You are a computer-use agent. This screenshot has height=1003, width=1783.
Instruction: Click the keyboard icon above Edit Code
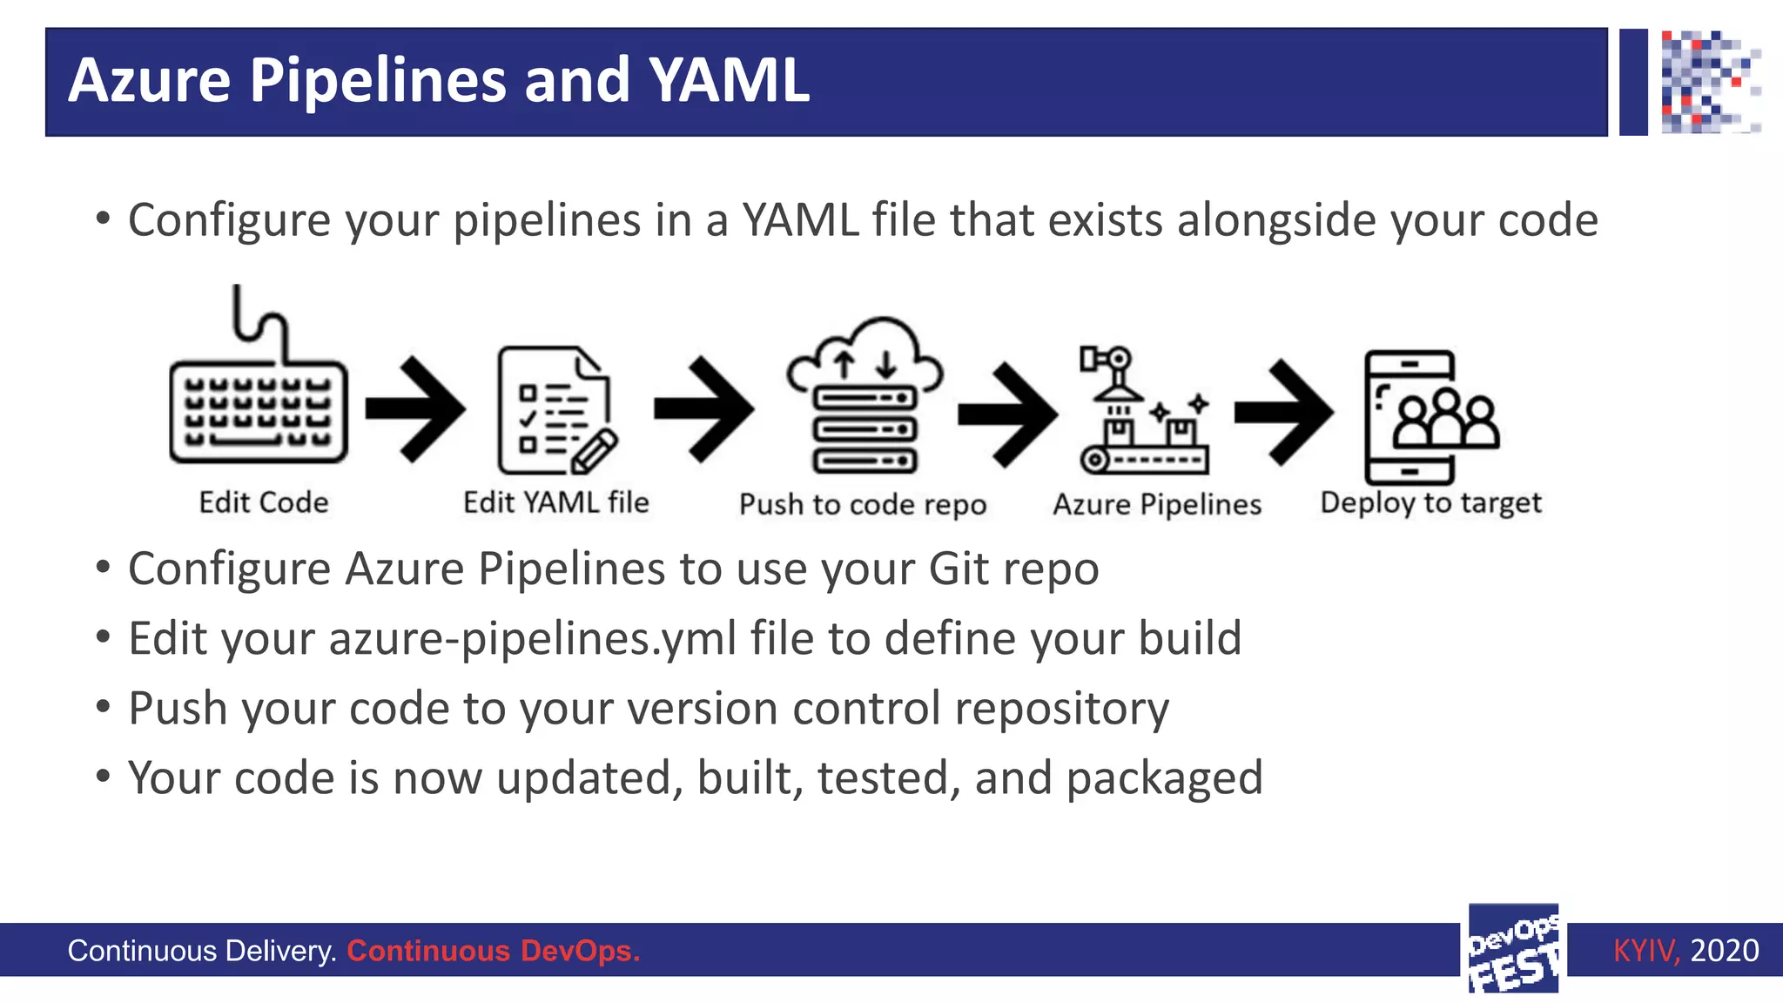tap(259, 409)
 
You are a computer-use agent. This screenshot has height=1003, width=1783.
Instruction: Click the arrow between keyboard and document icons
tap(416, 408)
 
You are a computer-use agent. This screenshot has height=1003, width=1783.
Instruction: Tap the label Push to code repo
tap(862, 504)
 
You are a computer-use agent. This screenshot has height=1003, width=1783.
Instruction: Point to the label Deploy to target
tap(1430, 503)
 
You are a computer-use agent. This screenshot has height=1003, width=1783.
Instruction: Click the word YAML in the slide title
tap(729, 81)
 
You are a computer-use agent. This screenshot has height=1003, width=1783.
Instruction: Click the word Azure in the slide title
tap(149, 81)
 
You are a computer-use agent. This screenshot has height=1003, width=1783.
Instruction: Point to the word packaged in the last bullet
tap(1164, 778)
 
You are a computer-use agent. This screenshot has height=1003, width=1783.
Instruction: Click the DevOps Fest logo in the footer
tap(1513, 949)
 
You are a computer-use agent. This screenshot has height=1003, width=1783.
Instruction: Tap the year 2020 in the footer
tap(1724, 950)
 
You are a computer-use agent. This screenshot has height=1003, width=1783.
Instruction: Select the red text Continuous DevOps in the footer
tap(493, 951)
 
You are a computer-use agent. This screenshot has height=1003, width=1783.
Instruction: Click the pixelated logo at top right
tap(1710, 82)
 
